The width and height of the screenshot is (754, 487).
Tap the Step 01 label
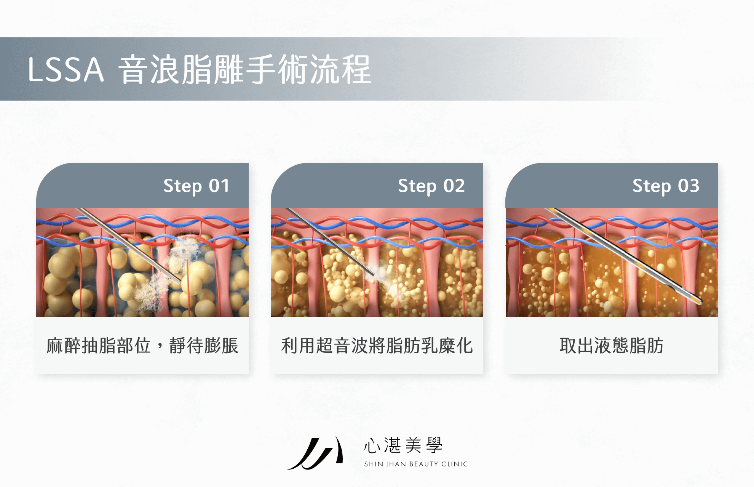point(196,186)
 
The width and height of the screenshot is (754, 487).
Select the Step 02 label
point(431,186)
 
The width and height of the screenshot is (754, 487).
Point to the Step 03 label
point(666,186)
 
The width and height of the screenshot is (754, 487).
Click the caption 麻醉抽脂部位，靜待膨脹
point(142,346)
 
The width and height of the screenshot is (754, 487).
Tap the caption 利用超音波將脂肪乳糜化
point(377,346)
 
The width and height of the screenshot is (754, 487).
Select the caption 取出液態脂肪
point(612,346)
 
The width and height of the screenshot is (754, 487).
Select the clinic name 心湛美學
point(403,445)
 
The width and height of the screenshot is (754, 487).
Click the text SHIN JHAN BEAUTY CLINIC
point(416,464)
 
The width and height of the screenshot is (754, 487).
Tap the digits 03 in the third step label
point(689,186)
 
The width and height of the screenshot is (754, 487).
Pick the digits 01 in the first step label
point(219,186)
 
